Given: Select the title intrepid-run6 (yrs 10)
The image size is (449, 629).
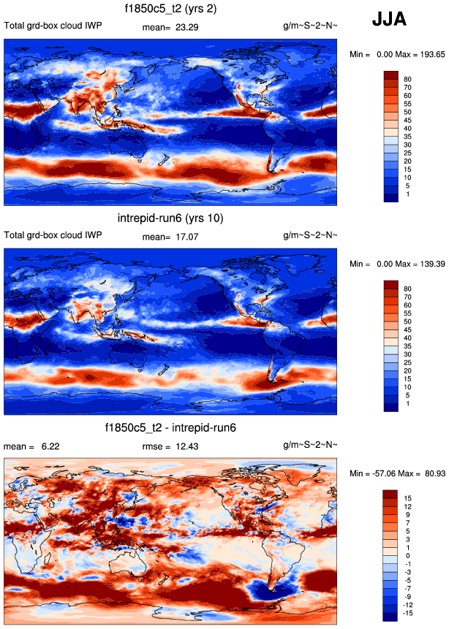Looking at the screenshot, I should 170,218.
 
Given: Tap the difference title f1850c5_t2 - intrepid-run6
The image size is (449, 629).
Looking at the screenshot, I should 170,427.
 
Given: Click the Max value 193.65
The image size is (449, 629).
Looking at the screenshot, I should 425,54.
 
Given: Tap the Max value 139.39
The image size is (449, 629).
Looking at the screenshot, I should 425,263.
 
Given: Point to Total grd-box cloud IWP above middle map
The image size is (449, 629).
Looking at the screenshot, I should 53,235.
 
